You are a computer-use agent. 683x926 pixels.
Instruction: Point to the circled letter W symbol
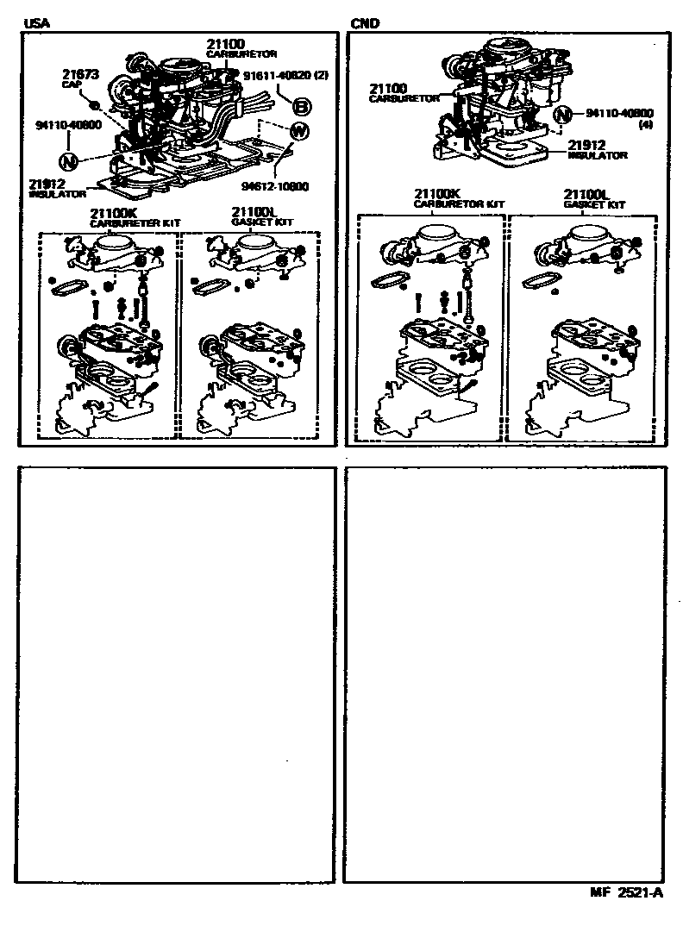coord(299,132)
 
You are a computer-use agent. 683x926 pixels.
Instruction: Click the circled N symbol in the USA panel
coord(69,160)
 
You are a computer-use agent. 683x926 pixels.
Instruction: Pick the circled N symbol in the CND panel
coord(562,115)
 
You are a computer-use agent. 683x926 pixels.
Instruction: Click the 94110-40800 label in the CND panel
coord(619,113)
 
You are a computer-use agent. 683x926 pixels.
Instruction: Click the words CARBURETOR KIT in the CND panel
coord(459,204)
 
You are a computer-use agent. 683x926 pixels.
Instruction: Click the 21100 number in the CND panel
coord(390,89)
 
